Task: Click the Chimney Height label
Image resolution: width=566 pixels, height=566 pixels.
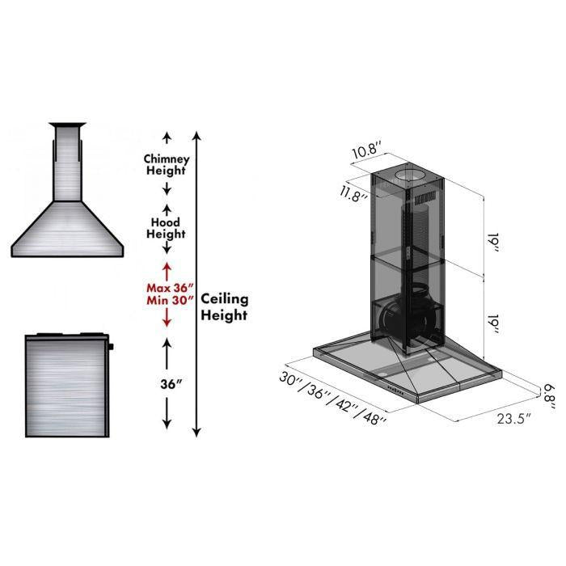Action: click(x=166, y=164)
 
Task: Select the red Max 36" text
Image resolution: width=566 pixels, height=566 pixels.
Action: click(x=168, y=287)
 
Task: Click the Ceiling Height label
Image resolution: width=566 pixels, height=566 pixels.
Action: click(x=224, y=306)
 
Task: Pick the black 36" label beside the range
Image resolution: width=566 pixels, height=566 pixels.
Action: click(x=167, y=384)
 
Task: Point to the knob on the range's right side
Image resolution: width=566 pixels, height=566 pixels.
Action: click(x=110, y=348)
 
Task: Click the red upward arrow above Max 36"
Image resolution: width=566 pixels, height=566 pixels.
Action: click(x=167, y=268)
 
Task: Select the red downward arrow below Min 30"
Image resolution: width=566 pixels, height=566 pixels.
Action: click(x=167, y=320)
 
